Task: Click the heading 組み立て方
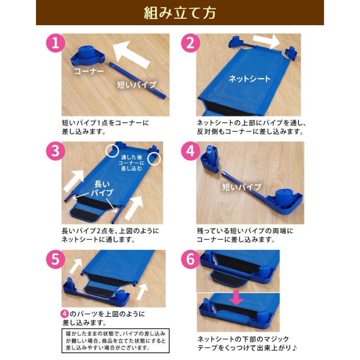coord(180,13)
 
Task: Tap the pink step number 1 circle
coord(56,43)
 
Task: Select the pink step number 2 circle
coord(190,43)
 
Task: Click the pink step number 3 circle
coord(56,151)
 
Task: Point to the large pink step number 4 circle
coord(190,151)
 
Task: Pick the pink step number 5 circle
coord(56,260)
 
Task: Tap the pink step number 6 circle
coord(190,260)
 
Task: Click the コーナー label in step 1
coord(89,71)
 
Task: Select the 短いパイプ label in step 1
coord(137,85)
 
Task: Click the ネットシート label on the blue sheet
coord(250,79)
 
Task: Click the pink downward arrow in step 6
coord(237,298)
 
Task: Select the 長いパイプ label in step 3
coord(102,188)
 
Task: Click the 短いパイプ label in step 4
coord(242,187)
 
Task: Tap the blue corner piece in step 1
coord(88,56)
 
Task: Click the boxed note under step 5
coord(116,341)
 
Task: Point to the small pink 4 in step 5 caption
coord(65,314)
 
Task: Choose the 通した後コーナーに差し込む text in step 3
coord(132,163)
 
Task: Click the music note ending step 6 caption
coord(294,348)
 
